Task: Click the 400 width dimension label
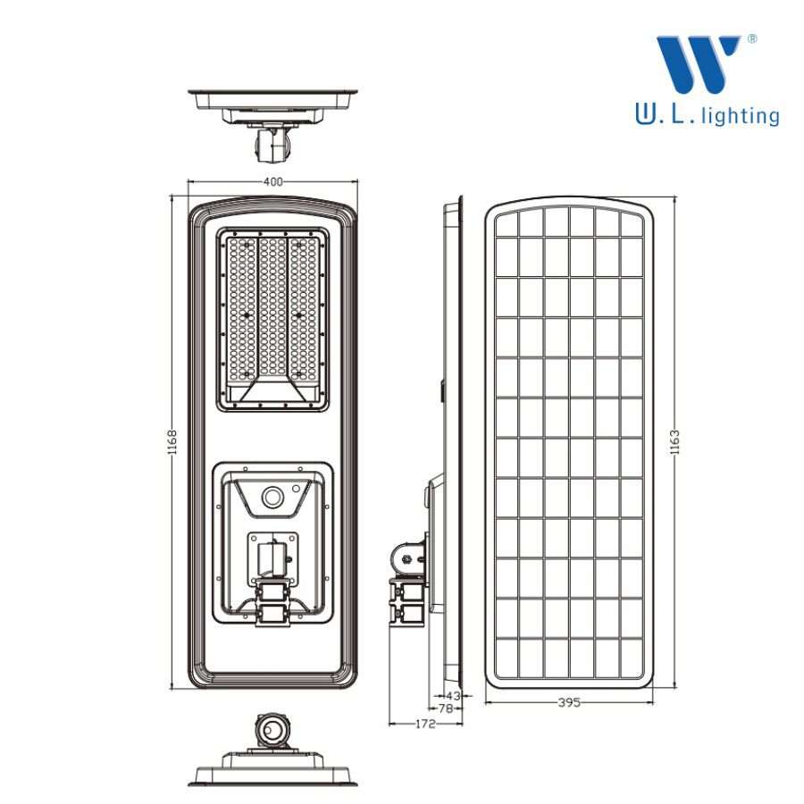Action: click(272, 181)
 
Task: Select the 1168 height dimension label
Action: click(172, 442)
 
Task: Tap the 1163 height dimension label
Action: click(674, 442)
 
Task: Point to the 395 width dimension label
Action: click(569, 702)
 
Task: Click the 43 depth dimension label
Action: click(453, 696)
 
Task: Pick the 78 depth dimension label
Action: click(446, 708)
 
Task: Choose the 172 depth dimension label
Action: click(425, 724)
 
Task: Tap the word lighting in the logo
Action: click(741, 116)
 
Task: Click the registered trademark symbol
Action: click(751, 39)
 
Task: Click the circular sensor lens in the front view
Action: click(272, 498)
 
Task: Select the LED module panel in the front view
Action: click(272, 320)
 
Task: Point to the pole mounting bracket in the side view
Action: click(408, 583)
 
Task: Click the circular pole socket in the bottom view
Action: click(272, 730)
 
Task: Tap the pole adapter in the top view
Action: click(272, 144)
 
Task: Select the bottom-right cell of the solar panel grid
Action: click(632, 657)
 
